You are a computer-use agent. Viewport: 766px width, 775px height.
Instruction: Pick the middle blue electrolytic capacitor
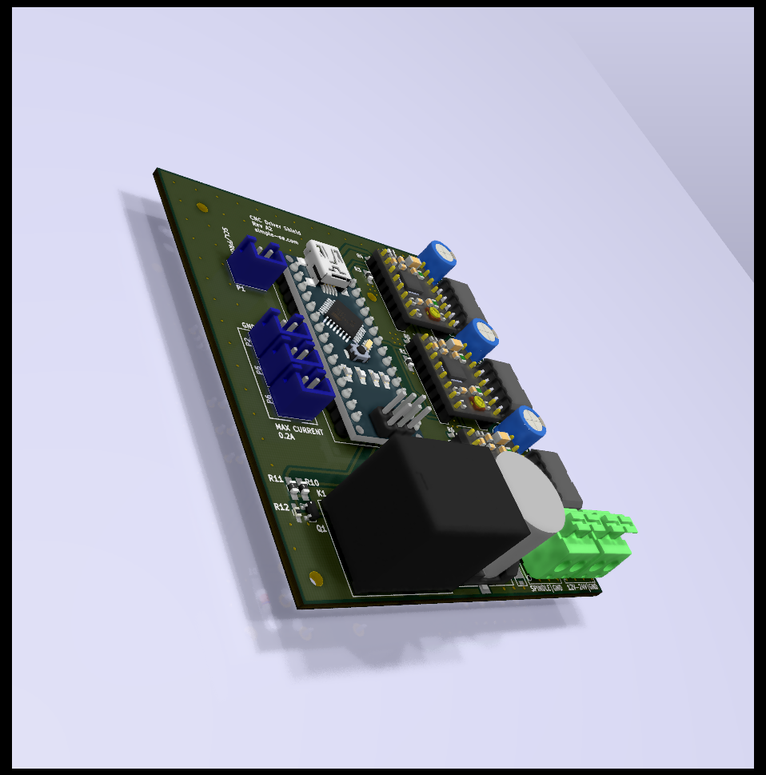[x=480, y=338]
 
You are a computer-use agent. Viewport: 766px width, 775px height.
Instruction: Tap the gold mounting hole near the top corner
[x=199, y=209]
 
